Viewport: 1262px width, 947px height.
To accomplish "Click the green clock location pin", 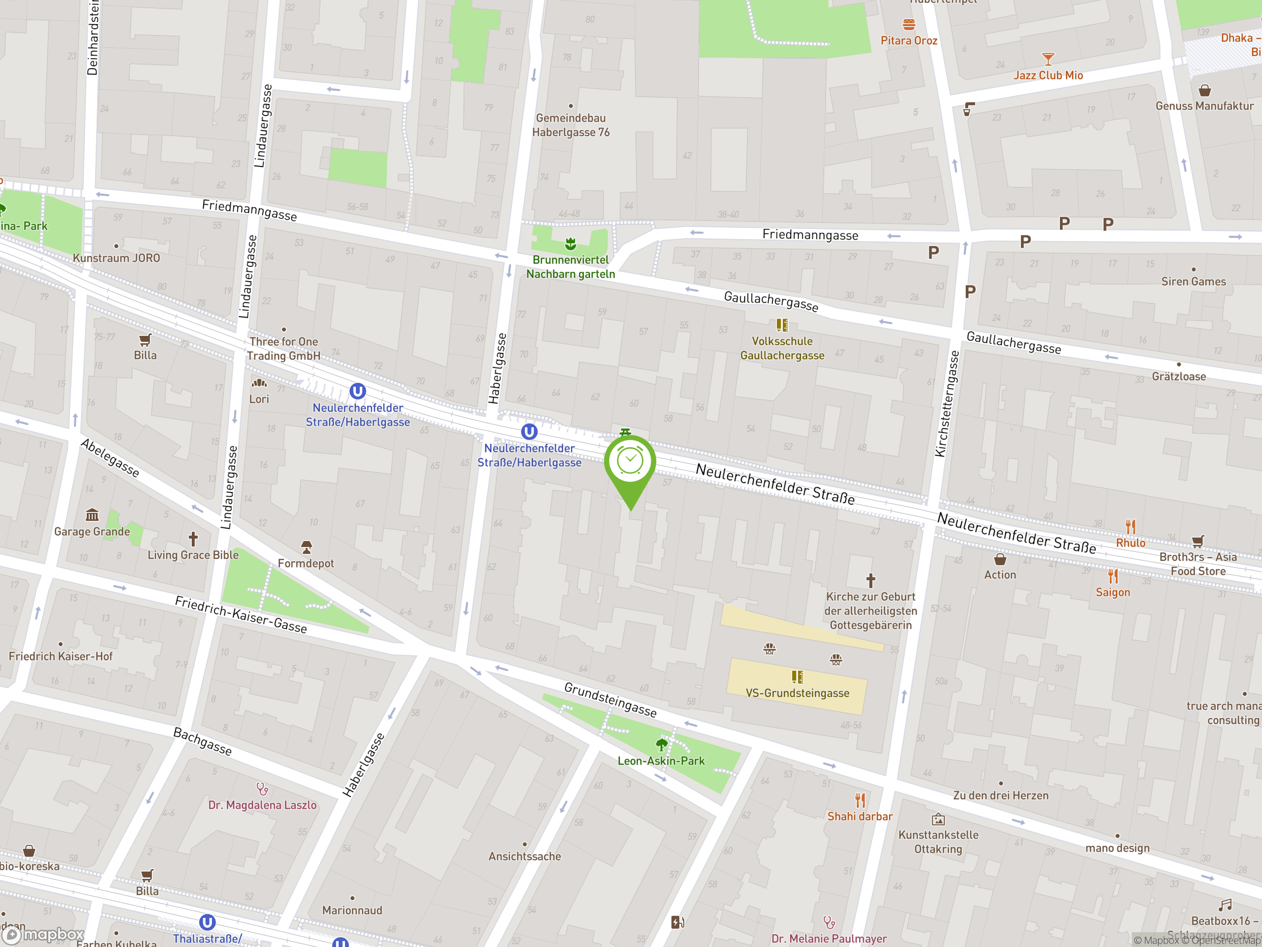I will click(630, 461).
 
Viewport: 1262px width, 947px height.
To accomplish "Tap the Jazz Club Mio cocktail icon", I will click(1048, 59).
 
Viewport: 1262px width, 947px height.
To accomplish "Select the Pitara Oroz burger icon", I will click(909, 25).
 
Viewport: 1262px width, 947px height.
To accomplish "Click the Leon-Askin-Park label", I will click(661, 761).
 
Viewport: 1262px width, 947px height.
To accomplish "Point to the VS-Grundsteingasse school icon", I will click(797, 677).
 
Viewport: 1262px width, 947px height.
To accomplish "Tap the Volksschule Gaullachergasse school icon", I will click(782, 326).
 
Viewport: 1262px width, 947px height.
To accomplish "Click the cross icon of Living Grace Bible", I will click(193, 538).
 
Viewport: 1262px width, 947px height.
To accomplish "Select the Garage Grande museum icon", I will click(92, 515).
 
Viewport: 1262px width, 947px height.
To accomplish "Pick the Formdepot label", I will click(306, 563).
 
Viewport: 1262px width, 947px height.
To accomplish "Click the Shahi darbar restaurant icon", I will click(860, 801).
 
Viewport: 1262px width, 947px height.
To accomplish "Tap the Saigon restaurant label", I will click(1113, 592).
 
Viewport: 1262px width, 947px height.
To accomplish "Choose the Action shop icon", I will click(1000, 559).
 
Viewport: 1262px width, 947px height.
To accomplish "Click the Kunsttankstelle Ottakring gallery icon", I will click(938, 820).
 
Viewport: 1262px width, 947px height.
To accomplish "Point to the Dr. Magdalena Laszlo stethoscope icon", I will click(262, 789).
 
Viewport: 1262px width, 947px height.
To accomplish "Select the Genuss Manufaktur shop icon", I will click(1204, 90).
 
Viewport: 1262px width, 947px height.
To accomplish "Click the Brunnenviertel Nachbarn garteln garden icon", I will click(570, 244).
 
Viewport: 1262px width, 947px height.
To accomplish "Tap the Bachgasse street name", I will click(203, 741).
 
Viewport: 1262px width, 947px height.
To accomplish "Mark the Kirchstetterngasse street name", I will click(947, 403).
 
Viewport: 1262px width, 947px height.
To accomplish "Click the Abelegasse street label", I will click(110, 458).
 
